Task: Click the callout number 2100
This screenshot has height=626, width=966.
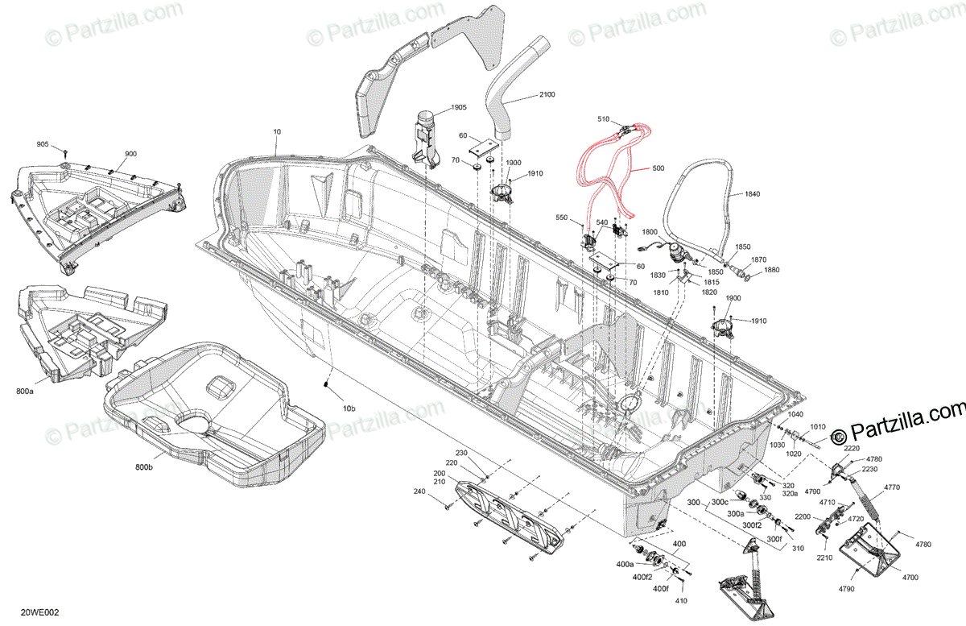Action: (547, 95)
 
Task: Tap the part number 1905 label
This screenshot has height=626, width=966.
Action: (458, 107)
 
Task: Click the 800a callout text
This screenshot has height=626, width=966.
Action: (25, 391)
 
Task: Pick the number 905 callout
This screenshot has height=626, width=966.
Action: (43, 144)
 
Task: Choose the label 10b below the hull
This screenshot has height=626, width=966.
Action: (349, 408)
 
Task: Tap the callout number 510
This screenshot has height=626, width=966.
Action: (605, 119)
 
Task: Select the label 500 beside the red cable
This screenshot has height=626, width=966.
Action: (658, 169)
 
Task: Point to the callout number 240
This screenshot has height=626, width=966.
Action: (419, 491)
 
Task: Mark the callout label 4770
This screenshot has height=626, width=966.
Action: (892, 487)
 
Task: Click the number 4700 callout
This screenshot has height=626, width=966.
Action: (910, 578)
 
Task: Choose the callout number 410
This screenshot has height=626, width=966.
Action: (680, 601)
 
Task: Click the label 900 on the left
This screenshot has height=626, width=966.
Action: (130, 154)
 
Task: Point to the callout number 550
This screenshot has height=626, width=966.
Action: (562, 218)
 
